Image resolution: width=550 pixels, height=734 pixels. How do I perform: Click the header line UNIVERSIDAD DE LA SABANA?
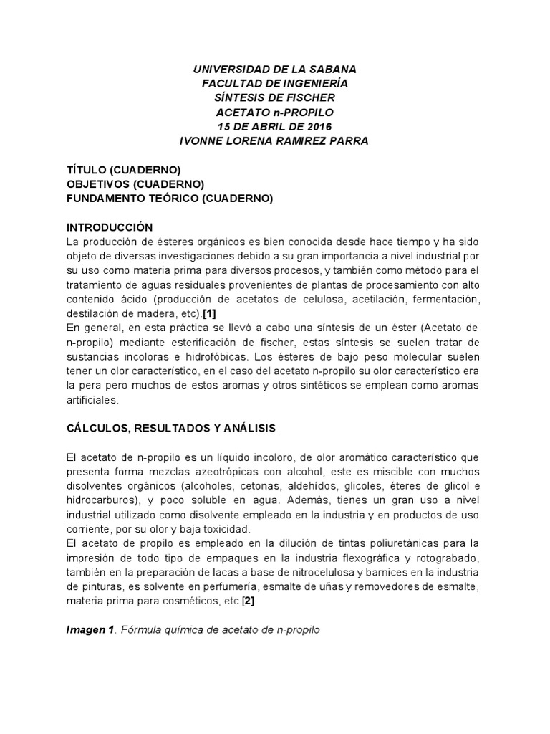tap(275, 69)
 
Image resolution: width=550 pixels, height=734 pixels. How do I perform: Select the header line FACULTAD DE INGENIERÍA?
tap(275, 83)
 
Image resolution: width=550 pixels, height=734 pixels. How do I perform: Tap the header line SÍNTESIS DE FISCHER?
tap(275, 97)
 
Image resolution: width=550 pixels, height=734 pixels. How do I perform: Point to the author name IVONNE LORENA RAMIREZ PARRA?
tap(275, 140)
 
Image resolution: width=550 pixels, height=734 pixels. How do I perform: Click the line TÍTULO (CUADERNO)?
tap(122, 170)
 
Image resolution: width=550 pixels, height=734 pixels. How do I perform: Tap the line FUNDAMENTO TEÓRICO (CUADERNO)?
tap(169, 199)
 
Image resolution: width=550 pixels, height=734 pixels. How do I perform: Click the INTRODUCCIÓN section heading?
tap(109, 227)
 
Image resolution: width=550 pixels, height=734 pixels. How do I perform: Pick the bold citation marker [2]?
tap(248, 601)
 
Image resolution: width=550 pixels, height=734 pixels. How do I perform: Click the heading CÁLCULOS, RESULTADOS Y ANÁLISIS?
tap(170, 428)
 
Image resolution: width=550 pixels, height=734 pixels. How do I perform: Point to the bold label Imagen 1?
tap(90, 630)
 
